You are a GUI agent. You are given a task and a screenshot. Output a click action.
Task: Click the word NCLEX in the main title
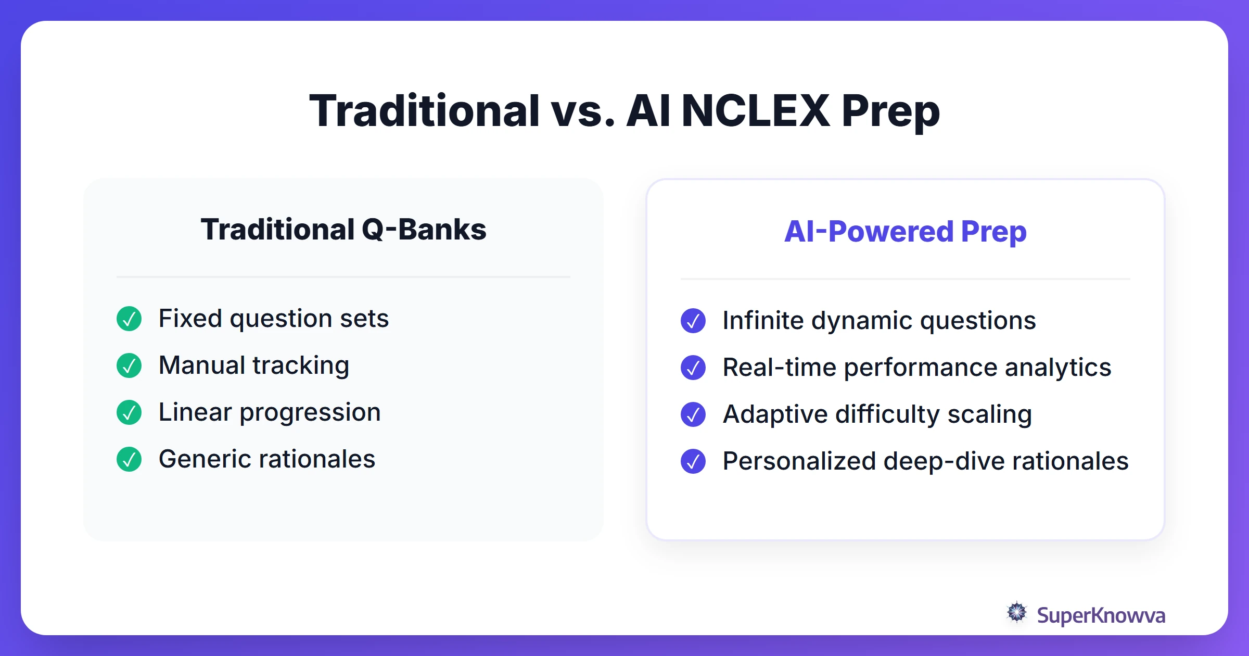tap(755, 111)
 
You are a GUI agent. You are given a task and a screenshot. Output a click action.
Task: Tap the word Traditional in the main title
tap(424, 111)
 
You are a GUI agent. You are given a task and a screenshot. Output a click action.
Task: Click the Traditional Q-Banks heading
tap(343, 230)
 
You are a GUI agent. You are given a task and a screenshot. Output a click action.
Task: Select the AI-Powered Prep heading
tap(905, 232)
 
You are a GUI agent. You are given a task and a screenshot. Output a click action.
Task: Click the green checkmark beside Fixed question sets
tap(129, 319)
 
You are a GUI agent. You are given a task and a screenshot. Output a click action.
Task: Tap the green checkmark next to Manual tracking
tap(129, 365)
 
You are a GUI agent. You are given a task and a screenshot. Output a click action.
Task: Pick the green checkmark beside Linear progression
tap(129, 412)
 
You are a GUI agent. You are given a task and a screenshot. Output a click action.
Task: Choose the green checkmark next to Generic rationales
tap(129, 459)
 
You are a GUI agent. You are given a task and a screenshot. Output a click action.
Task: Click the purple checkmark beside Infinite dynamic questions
tap(693, 321)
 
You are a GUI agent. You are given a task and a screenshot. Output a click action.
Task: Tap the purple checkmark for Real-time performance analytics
tap(693, 368)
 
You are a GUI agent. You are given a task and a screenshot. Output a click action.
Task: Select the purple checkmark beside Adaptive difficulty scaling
tap(693, 414)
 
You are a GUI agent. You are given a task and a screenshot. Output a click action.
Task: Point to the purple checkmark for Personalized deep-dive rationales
tap(693, 461)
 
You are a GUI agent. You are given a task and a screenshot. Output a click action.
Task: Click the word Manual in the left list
tap(202, 365)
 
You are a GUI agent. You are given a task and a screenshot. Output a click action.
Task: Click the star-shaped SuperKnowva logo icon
tap(1017, 612)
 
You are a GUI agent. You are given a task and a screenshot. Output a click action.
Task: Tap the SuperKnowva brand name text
tap(1101, 615)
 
